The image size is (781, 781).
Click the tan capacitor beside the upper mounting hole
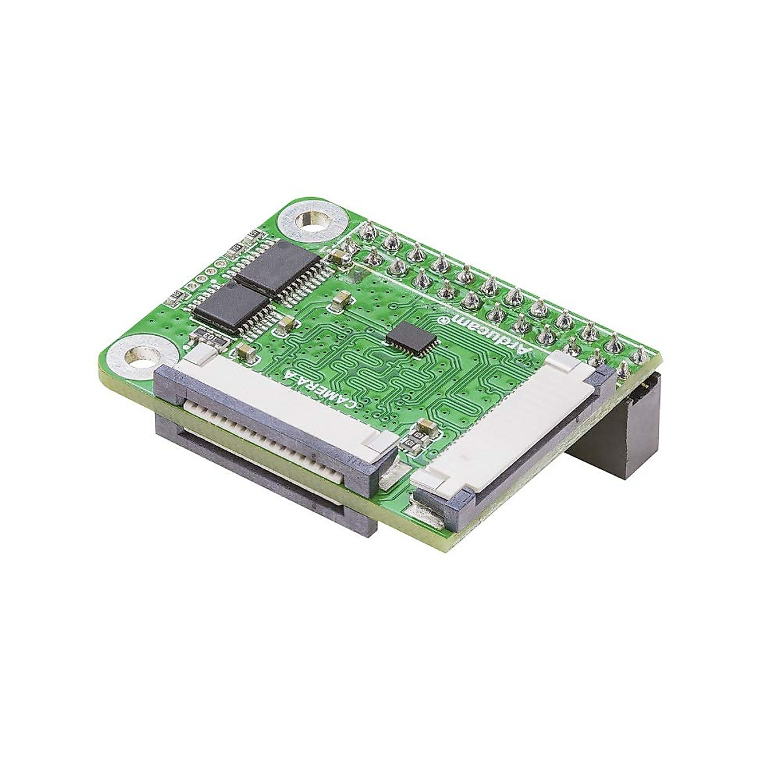[338, 258]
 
